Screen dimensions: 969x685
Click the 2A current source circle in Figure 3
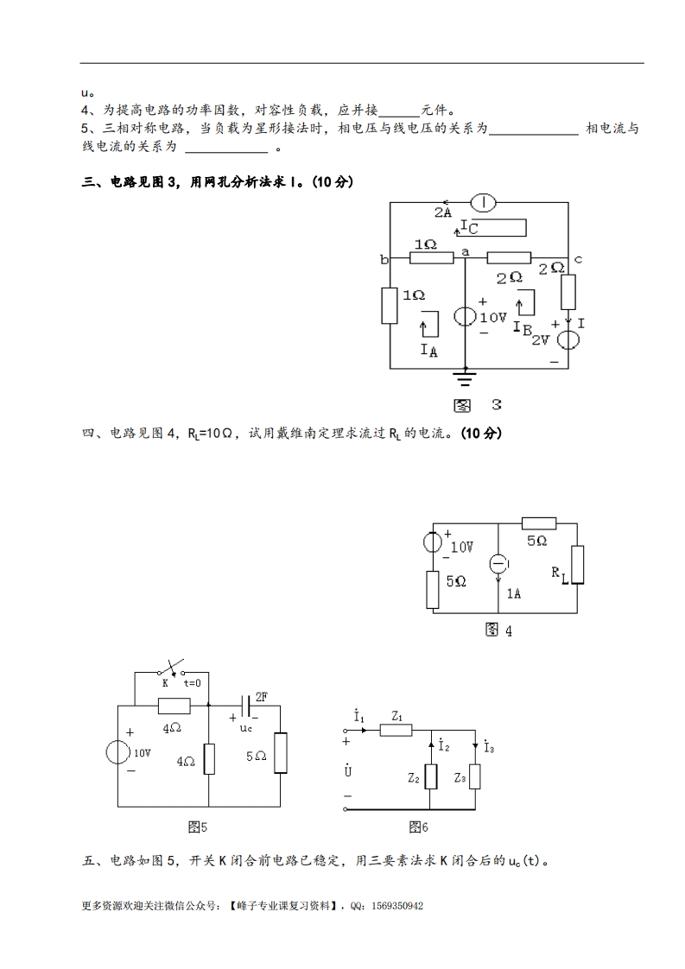483,202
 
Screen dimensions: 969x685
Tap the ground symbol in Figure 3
466,377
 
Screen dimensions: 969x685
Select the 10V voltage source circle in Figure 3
466,316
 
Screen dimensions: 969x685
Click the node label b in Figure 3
383,258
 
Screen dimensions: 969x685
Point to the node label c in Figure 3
577,258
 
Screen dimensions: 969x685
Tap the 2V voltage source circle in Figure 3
568,336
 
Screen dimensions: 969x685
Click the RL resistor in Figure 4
577,566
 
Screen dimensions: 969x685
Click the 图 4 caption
498,630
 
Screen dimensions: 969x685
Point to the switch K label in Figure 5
164,682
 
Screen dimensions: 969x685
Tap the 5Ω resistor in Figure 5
280,755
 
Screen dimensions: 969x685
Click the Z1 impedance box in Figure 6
396,730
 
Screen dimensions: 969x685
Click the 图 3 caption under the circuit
478,404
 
